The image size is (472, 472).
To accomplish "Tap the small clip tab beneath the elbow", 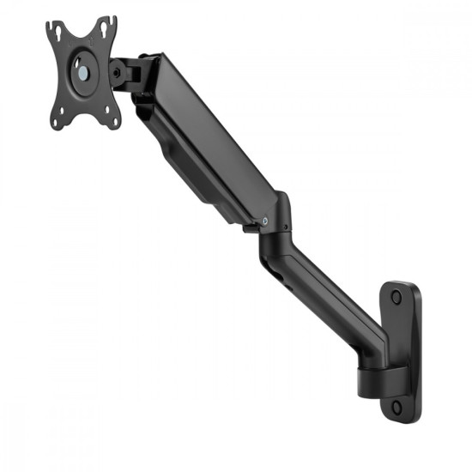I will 249,228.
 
